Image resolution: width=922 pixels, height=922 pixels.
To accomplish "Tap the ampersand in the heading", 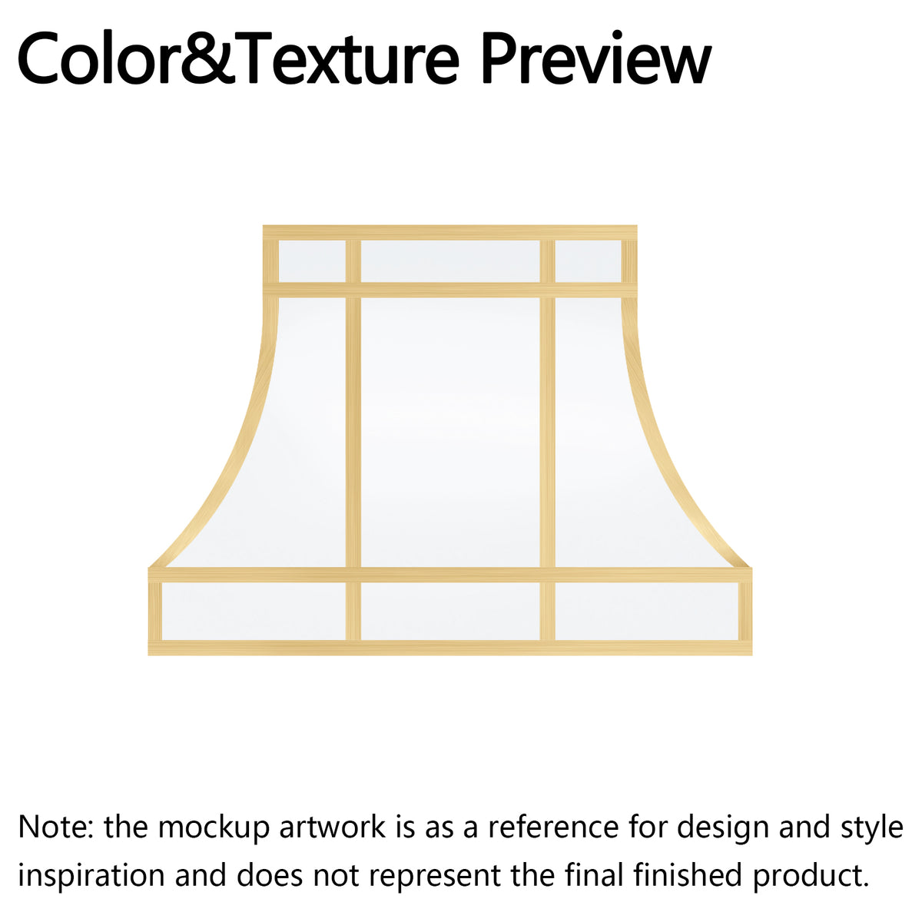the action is tap(207, 58).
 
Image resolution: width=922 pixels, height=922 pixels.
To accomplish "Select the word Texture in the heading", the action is tap(342, 58).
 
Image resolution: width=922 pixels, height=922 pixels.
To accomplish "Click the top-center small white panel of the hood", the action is tap(449, 261).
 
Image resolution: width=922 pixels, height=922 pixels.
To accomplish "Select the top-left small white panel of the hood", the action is tap(312, 261).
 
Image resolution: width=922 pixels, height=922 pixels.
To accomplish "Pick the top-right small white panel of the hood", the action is tap(588, 261).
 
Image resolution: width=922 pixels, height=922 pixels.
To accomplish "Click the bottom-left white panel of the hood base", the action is tap(254, 611).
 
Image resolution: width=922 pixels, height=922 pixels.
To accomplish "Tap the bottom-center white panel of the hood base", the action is tap(449, 611).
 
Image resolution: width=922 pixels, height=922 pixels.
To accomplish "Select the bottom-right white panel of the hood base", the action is tap(646, 611).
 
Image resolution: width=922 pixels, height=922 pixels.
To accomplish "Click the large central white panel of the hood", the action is tap(449, 433).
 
